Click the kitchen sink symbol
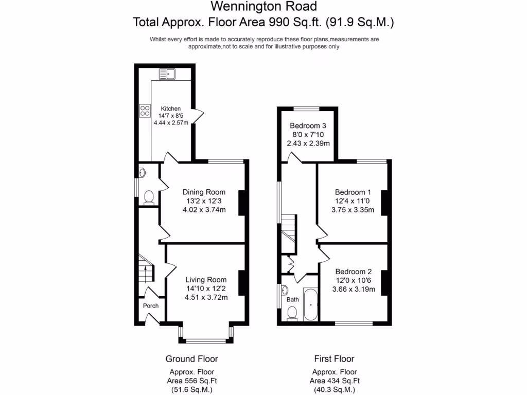[167, 75]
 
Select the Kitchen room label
[171, 109]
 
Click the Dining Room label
[204, 192]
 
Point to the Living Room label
[206, 280]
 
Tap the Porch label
[151, 306]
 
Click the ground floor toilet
[149, 196]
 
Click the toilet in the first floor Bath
[292, 313]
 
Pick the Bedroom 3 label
[308, 125]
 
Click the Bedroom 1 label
[353, 192]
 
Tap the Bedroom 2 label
[353, 272]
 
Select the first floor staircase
[289, 229]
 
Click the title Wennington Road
[263, 7]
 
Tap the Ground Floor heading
[191, 358]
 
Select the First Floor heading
[334, 358]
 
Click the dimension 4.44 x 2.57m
[171, 123]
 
